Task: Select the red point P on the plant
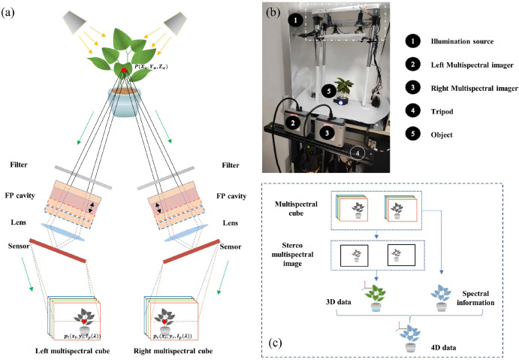tap(124, 70)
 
